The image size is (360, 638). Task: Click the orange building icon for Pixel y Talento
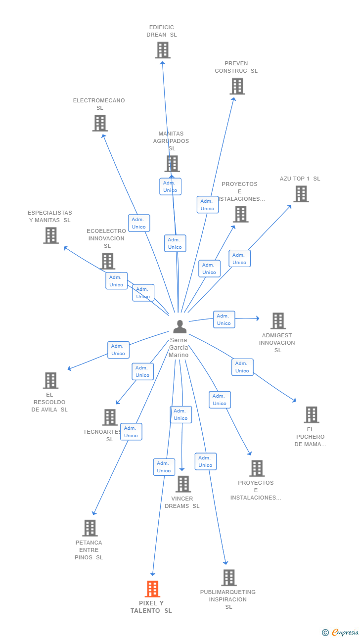coord(152,589)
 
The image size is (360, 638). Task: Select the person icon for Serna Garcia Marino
coord(180,326)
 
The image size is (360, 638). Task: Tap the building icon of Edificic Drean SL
coord(163,50)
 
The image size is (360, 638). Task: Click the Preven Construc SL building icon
coord(237,86)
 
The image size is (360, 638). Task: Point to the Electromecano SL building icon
coord(100,123)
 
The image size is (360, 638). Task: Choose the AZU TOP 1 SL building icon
coord(301,194)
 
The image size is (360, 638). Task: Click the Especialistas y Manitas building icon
coord(50,235)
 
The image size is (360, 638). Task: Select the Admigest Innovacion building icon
coord(278,320)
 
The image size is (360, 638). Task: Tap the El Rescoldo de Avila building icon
coord(50,380)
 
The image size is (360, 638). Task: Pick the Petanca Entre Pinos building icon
coord(90,528)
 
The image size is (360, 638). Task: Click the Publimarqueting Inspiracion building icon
coord(228,577)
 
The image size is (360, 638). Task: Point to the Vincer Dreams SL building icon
coord(183,484)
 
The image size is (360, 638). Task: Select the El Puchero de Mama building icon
coord(311,414)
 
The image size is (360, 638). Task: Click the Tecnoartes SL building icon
coord(110,417)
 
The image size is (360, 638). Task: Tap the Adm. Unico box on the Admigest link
coord(224,319)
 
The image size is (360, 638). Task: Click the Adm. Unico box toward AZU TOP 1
coord(239,259)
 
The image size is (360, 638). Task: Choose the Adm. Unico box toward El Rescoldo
coord(118,350)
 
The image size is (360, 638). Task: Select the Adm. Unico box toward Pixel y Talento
coord(164,467)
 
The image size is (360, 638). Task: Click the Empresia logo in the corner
coord(341,632)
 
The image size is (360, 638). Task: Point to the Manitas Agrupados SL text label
coord(171,141)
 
